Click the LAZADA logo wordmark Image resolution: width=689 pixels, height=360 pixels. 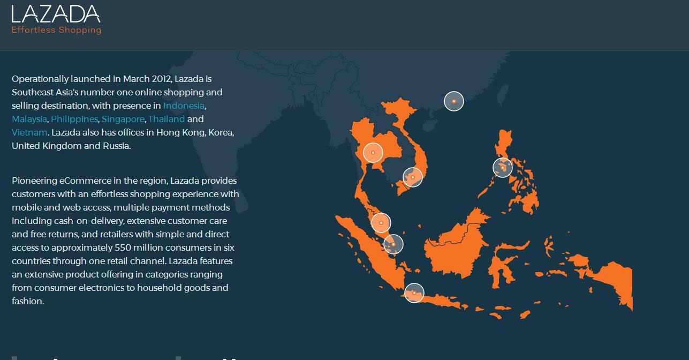(x=56, y=14)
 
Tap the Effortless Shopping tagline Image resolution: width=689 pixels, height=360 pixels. (x=56, y=30)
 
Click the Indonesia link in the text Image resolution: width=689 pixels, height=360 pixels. (x=184, y=106)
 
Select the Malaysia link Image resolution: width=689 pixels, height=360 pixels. (x=29, y=119)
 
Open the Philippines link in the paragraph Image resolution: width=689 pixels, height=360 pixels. (x=74, y=119)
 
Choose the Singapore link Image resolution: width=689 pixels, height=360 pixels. (x=123, y=119)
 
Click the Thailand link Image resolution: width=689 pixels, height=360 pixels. (x=166, y=119)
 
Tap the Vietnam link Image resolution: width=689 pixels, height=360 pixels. (x=29, y=132)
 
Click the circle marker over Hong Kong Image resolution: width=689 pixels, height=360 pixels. (x=454, y=101)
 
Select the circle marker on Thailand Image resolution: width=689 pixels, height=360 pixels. (x=373, y=153)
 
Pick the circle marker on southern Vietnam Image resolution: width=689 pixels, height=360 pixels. (x=413, y=177)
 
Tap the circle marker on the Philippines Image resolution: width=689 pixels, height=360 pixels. (x=503, y=168)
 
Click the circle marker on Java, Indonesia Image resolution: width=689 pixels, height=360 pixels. (x=414, y=293)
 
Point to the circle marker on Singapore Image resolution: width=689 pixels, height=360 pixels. (x=393, y=244)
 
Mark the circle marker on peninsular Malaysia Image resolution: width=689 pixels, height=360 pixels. (x=381, y=223)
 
